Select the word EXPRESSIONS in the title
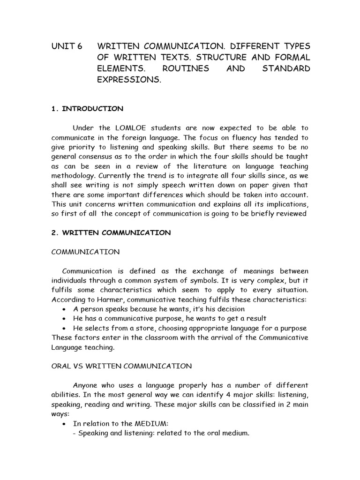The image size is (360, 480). [128, 80]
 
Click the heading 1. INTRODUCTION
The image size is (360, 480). [87, 109]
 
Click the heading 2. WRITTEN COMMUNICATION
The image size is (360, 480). [111, 232]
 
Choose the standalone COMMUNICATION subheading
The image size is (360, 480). [85, 252]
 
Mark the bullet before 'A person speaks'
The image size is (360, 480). [64, 309]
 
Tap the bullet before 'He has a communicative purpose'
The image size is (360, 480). [64, 319]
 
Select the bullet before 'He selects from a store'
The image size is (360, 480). [64, 328]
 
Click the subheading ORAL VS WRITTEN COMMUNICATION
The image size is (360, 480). [114, 366]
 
